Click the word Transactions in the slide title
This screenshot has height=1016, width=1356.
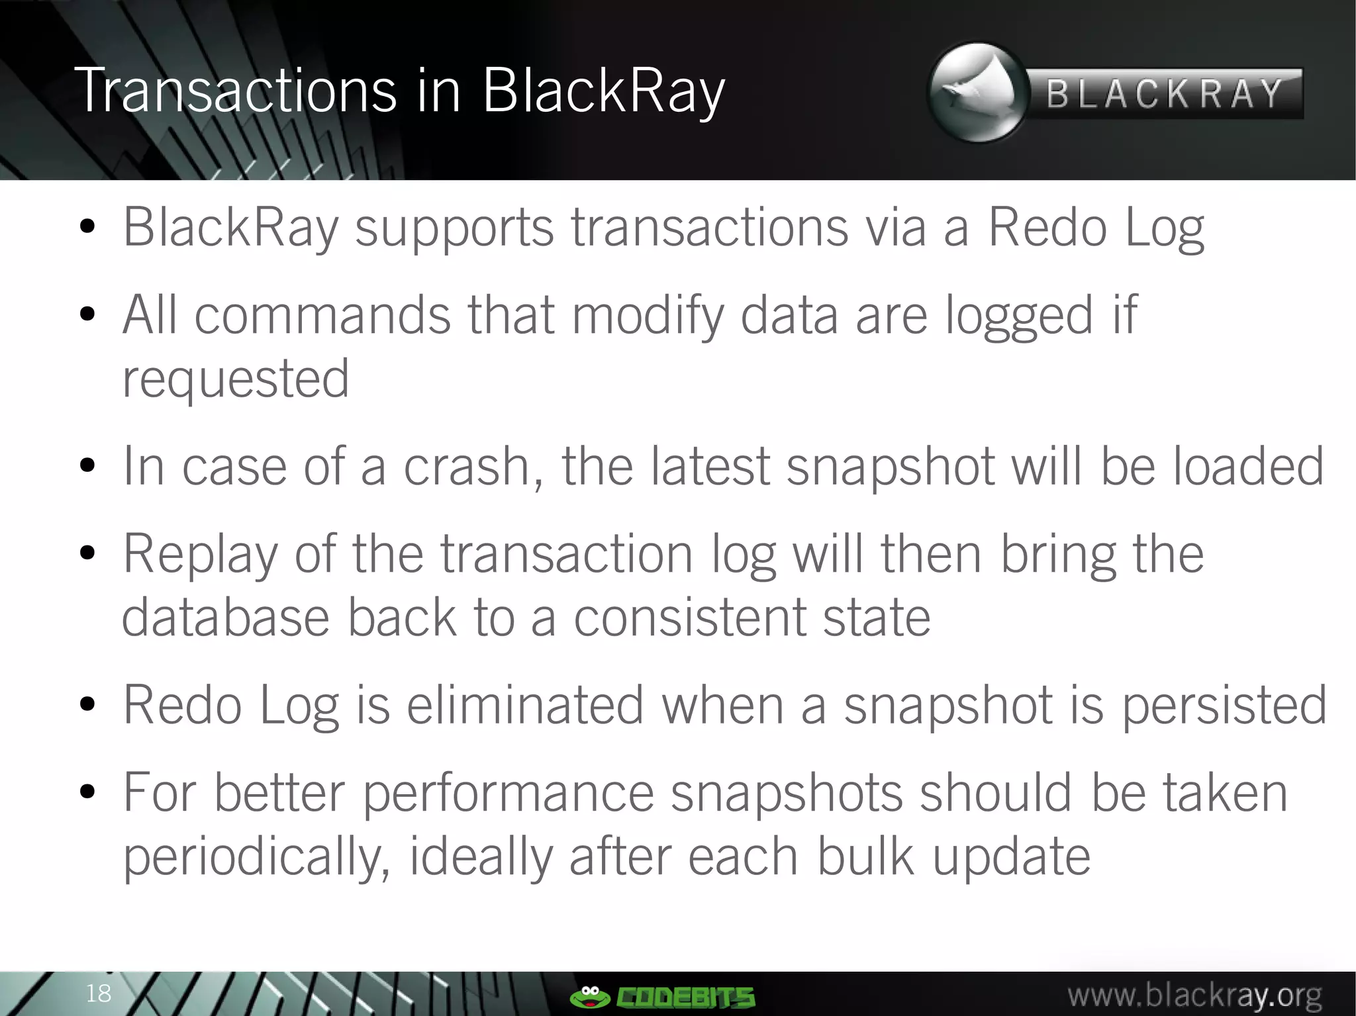[x=235, y=91]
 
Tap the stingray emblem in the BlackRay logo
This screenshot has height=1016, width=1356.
[x=977, y=93]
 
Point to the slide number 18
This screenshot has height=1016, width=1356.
[x=99, y=993]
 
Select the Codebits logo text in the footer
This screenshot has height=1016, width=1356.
[x=686, y=996]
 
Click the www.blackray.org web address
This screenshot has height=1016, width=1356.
[x=1194, y=995]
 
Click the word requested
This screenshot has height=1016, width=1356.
[x=236, y=379]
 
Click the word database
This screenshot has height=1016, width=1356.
[x=225, y=618]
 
